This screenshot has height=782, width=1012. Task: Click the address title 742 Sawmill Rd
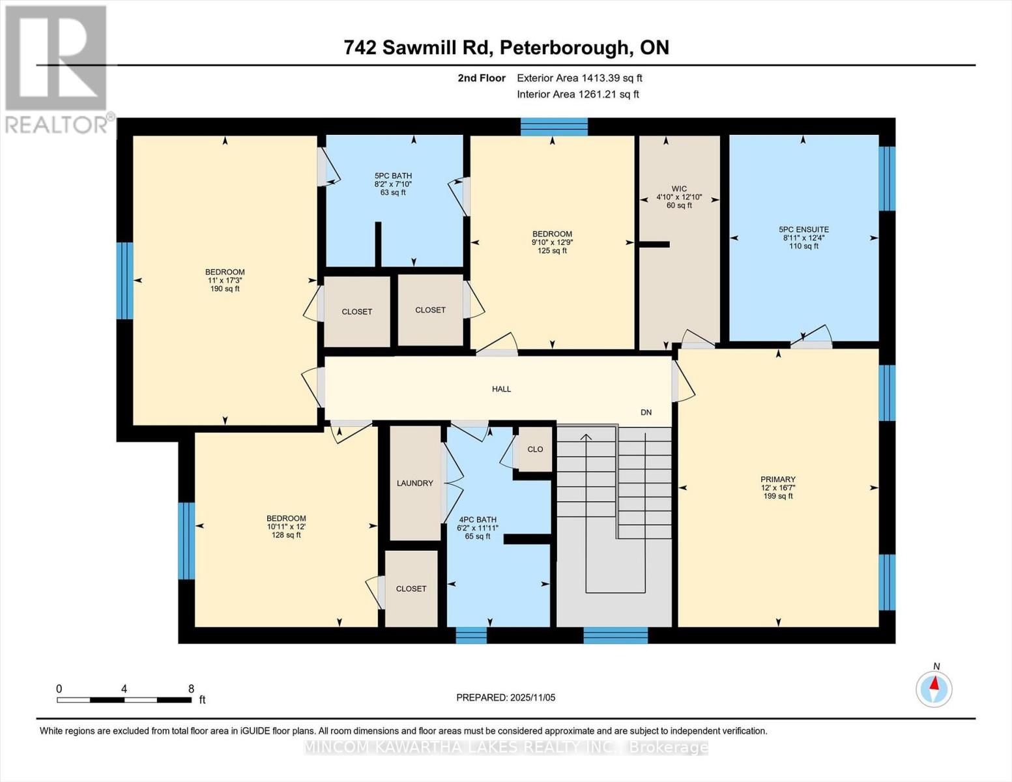pos(506,48)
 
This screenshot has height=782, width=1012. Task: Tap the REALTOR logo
pos(57,68)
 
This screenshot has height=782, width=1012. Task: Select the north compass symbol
pos(934,688)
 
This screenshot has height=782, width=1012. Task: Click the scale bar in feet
pos(124,700)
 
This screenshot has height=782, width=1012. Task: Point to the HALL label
pos(501,389)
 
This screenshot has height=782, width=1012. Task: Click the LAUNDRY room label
pos(414,483)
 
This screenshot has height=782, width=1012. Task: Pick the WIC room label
pos(679,189)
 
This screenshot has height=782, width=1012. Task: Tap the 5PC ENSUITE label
pos(803,229)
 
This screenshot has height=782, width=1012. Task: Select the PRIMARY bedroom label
pos(777,479)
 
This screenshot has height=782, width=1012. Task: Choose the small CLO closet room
pos(535,449)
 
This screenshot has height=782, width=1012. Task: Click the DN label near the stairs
pos(646,413)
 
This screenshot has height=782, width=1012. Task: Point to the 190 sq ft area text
pos(225,289)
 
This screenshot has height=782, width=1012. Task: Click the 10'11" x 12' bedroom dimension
pos(286,527)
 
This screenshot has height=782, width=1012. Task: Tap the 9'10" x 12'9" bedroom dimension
pos(552,242)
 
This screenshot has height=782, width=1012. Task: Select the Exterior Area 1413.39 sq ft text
pos(579,78)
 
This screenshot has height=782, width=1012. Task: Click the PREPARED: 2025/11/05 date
pos(506,697)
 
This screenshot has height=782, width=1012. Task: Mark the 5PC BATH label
pos(393,176)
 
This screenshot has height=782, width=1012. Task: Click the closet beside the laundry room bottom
pos(411,588)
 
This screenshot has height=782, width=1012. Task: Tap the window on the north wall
pos(554,126)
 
